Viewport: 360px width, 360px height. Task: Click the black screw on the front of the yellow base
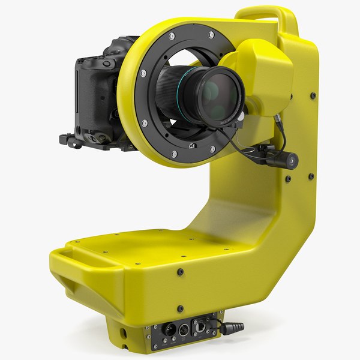180,272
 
